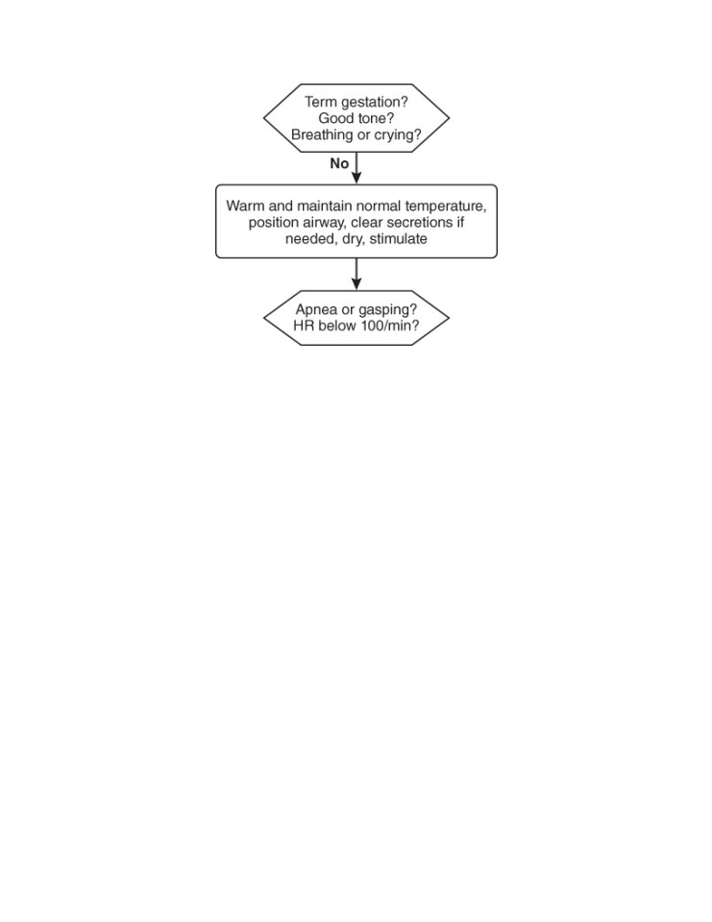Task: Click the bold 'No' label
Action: point(339,163)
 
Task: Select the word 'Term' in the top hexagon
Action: point(321,102)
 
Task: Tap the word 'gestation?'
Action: point(374,103)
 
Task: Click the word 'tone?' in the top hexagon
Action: point(376,118)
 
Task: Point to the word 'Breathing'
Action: point(322,135)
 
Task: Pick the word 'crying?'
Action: point(398,135)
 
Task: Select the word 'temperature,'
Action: point(446,207)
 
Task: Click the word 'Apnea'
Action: point(316,310)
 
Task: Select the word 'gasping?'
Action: point(388,310)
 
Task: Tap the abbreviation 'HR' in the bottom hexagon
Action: point(304,326)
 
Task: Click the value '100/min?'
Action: point(390,326)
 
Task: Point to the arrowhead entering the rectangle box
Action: point(356,178)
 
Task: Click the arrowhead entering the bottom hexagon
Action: point(356,283)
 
